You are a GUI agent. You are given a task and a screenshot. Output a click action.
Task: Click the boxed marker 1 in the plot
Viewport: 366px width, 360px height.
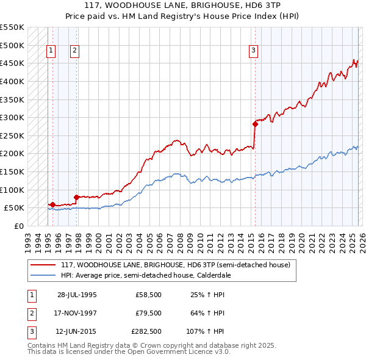tap(51, 51)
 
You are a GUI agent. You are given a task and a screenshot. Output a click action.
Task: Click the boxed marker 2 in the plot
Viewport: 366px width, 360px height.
tap(74, 51)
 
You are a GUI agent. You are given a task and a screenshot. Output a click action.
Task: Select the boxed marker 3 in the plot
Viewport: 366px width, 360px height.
tap(253, 51)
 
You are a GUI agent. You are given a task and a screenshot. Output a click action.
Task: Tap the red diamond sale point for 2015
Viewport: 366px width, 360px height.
tap(255, 124)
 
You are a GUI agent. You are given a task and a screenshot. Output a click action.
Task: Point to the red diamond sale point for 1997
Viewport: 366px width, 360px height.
tap(76, 197)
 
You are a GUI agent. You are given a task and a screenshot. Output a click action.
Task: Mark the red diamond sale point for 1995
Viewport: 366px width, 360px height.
tap(53, 204)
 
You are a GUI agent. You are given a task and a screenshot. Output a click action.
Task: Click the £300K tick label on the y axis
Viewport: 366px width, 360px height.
tap(12, 117)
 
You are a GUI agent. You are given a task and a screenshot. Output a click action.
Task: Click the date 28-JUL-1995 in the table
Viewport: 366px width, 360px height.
tap(77, 295)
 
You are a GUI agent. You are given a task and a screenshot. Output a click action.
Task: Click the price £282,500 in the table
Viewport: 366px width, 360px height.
tap(147, 332)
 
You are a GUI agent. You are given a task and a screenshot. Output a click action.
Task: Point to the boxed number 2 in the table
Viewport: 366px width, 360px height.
tap(30, 314)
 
